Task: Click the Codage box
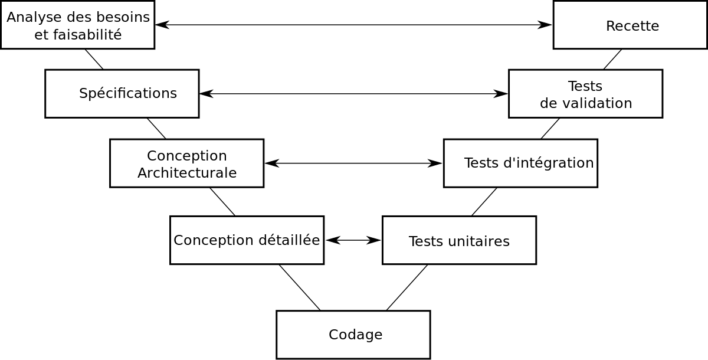(353, 335)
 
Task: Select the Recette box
(630, 25)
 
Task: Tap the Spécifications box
(122, 93)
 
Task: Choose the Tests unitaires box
(459, 240)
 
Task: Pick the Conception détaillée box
(247, 240)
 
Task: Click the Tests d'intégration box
(520, 163)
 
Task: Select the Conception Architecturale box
(186, 163)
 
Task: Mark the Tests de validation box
(585, 93)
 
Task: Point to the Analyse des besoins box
(77, 25)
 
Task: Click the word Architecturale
(187, 173)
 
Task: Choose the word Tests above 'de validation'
(585, 86)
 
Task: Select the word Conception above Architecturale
(187, 156)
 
